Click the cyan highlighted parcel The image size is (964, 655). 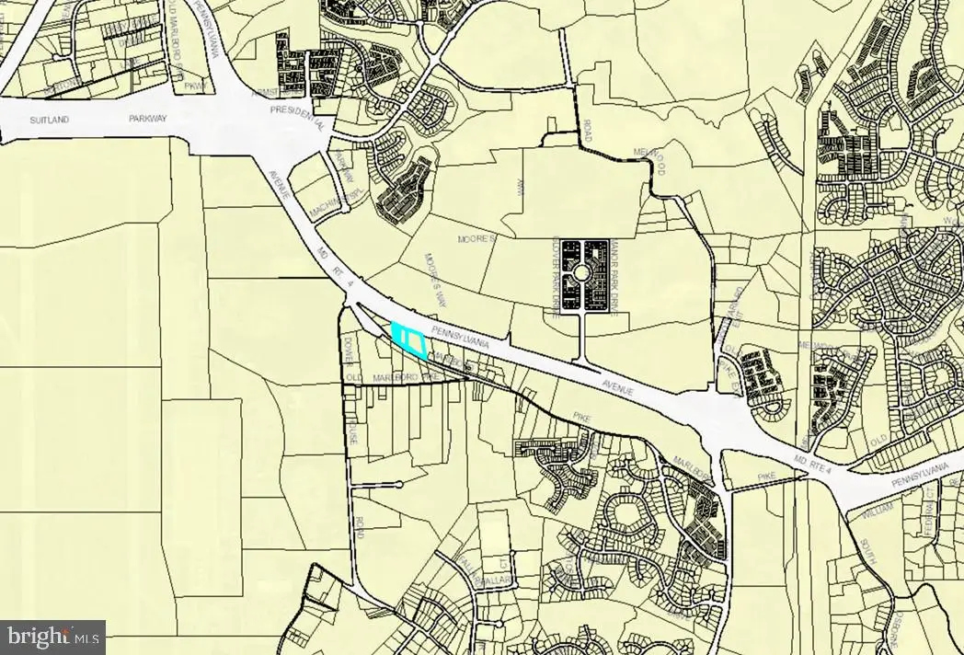(408, 339)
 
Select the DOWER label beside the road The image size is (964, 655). (348, 349)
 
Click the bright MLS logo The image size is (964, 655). (52, 636)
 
